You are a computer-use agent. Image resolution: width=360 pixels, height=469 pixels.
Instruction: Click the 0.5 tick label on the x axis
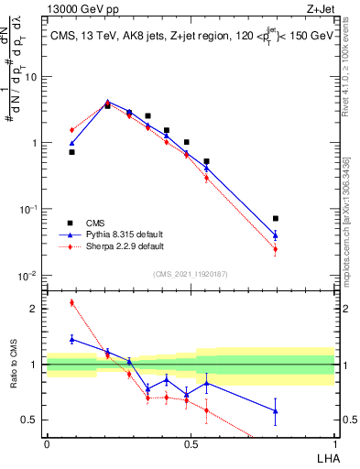[190, 443]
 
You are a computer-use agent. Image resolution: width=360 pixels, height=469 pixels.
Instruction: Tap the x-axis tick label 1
[334, 443]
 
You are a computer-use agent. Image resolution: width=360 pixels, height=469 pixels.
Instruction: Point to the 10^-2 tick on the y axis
[29, 276]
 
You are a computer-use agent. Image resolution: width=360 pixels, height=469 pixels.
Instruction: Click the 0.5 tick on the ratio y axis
[32, 420]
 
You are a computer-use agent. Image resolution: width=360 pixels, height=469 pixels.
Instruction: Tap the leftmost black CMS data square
[71, 152]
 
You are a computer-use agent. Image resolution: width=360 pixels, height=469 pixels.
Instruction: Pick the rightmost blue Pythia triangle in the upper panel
[276, 235]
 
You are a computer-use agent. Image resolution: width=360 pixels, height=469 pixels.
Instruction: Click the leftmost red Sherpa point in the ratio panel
[71, 302]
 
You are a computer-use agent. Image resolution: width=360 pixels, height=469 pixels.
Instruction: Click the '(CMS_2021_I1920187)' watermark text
[190, 274]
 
